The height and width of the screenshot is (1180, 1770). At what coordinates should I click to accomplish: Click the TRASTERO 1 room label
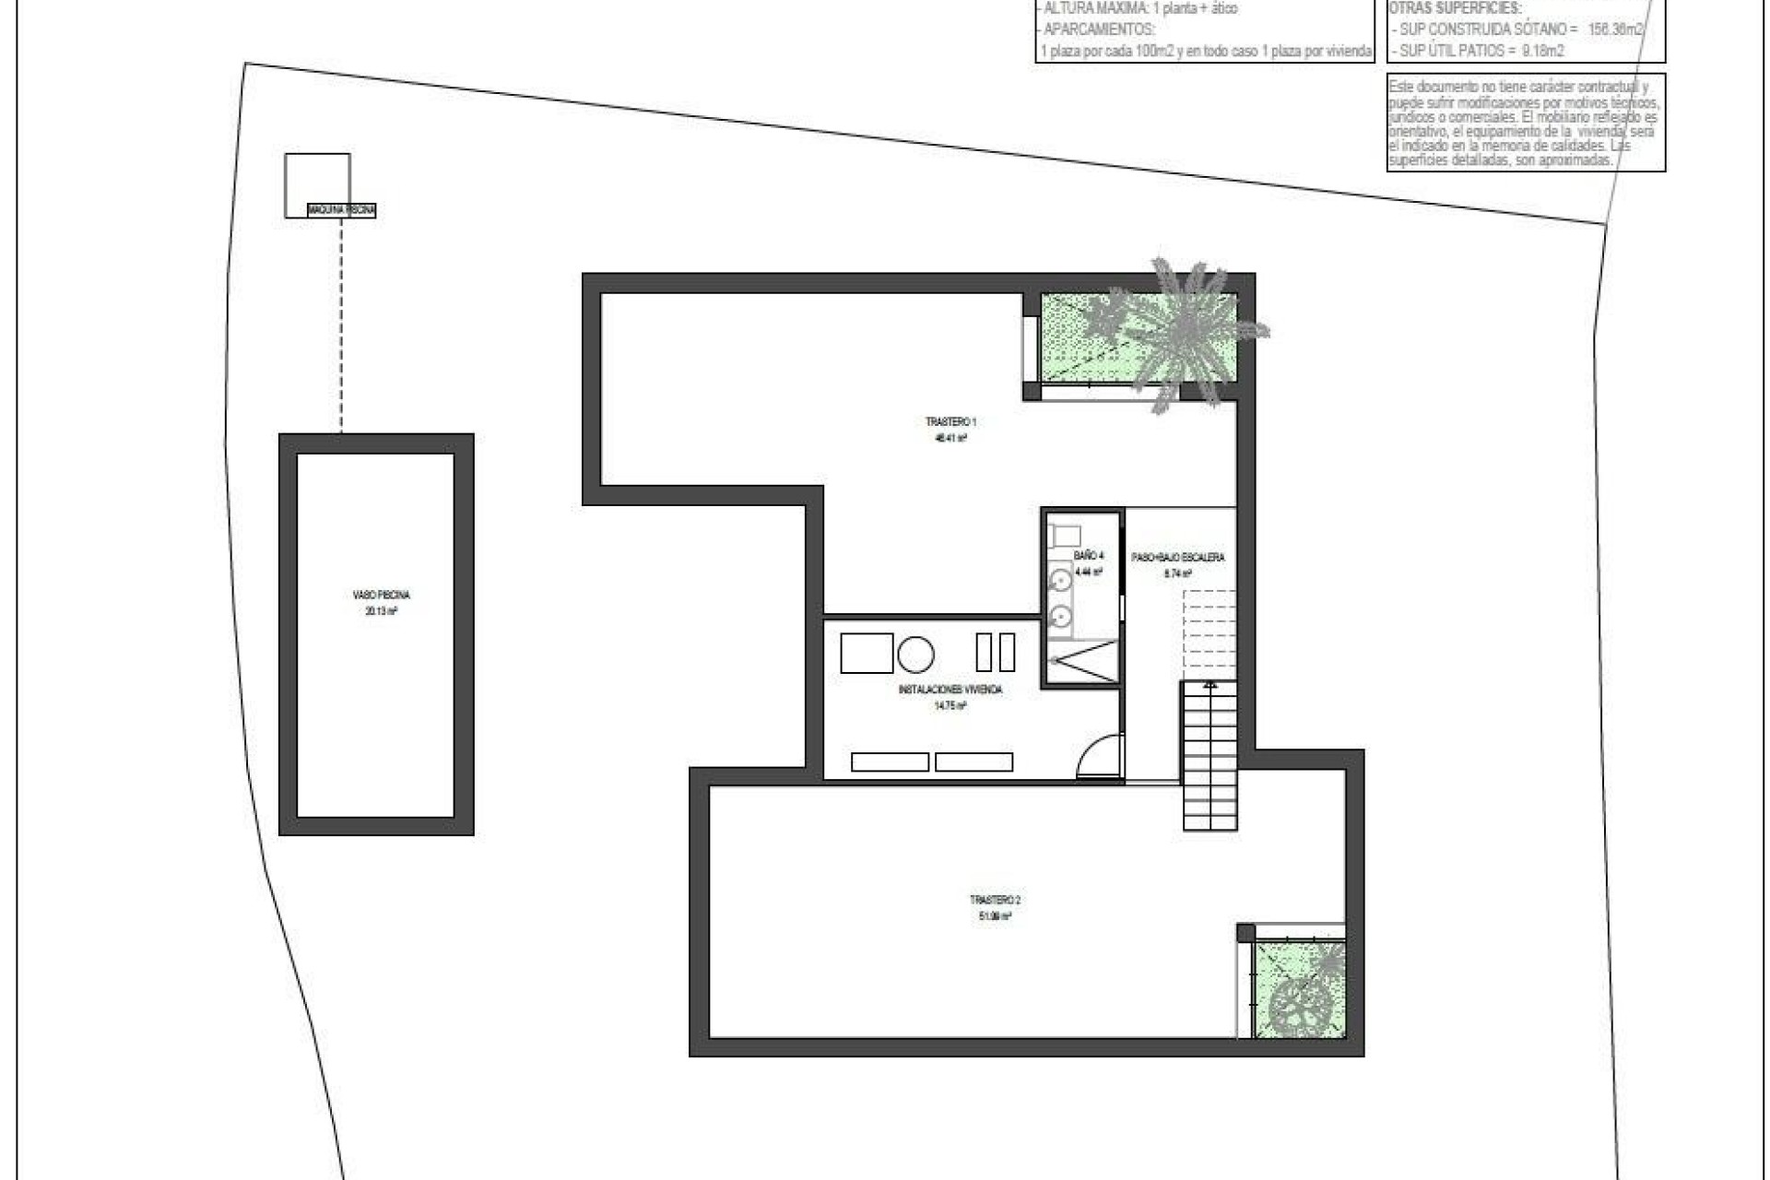tap(950, 422)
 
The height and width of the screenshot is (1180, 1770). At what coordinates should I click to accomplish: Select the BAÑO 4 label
tap(1088, 556)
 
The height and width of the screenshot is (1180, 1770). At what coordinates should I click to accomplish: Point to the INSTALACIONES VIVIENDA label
tap(950, 690)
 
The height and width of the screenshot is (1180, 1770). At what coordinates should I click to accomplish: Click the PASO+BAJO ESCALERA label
tap(1178, 558)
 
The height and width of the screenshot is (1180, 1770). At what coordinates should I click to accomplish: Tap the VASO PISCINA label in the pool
tap(381, 596)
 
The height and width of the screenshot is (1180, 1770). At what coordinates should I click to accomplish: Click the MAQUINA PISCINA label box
tap(342, 211)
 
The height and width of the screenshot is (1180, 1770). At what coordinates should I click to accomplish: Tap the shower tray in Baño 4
tap(1082, 661)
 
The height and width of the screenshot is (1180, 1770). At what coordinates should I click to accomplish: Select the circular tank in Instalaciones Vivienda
tap(915, 655)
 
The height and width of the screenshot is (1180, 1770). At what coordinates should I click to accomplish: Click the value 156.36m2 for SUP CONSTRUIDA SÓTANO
tap(1612, 29)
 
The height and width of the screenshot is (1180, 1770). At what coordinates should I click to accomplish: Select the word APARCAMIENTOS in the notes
tap(1098, 29)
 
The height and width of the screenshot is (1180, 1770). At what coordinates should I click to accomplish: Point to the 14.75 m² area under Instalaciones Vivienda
tap(950, 706)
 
